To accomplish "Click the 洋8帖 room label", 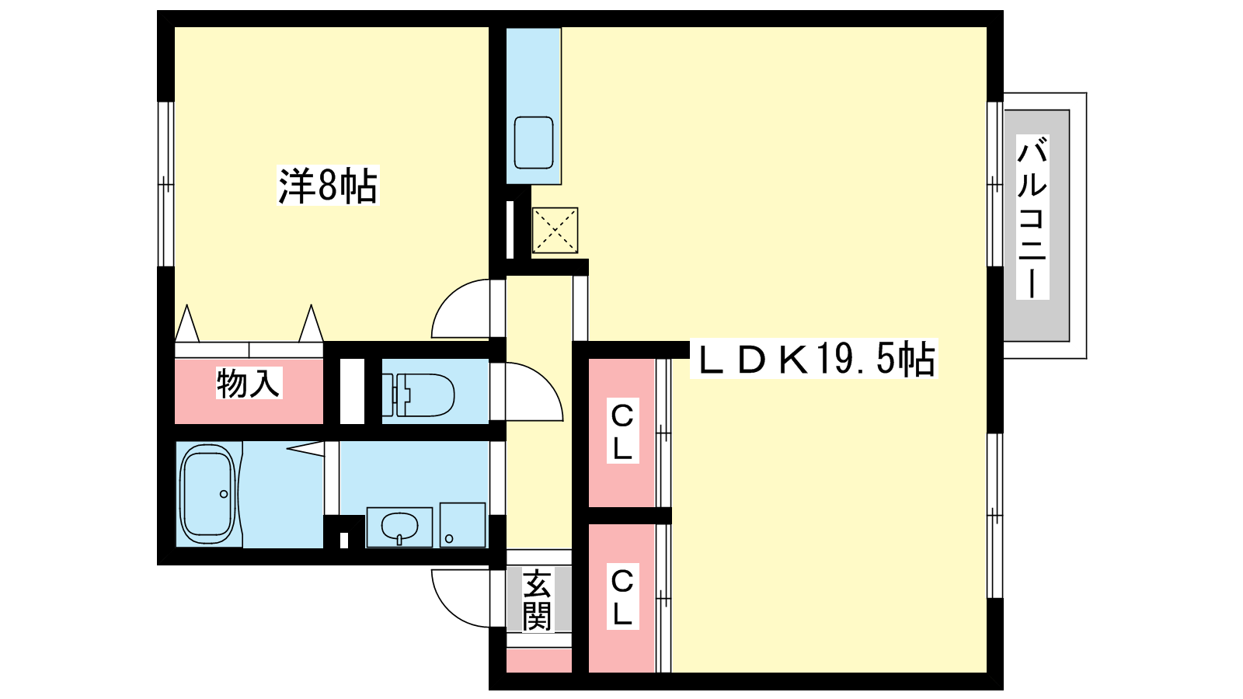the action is pos(328,186).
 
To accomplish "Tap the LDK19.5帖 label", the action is pos(813,358).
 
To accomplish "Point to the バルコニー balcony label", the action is pos(1032,217).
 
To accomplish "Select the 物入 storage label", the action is pos(249,383).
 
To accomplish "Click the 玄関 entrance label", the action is pos(537,600).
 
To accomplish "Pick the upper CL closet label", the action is pos(622,430).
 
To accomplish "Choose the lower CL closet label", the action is pos(622,596).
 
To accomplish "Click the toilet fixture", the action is pos(418,395).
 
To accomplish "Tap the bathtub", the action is pos(209,494).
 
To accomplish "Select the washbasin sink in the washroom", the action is pos(399,527).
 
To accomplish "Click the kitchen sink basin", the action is pos(533,143).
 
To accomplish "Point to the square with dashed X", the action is pos(555,231).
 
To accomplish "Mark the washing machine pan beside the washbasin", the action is pos(463,525).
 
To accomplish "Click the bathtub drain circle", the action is pos(224,494).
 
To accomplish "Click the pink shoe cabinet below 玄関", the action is pos(539,660).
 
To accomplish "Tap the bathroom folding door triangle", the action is pos(305,448).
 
